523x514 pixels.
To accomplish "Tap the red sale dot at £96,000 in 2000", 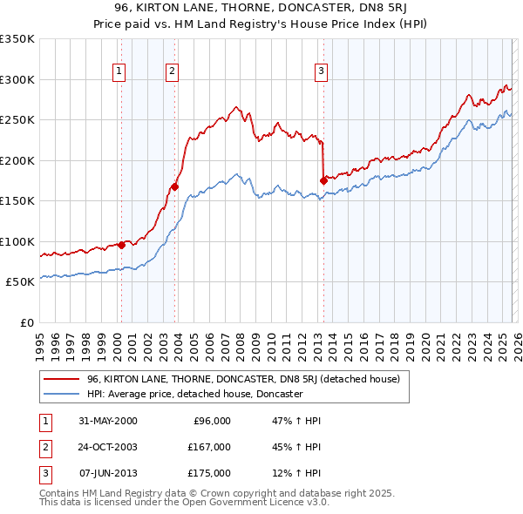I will (x=121, y=245).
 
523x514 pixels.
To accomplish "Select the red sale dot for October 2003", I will (x=175, y=186).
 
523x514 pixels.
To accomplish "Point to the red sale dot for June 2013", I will (x=323, y=180).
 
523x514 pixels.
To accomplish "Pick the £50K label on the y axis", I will (x=21, y=281).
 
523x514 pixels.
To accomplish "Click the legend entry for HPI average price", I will (x=194, y=395).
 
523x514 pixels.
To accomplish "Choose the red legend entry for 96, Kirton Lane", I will (x=242, y=379).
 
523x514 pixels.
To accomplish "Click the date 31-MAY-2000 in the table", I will (x=107, y=421).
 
